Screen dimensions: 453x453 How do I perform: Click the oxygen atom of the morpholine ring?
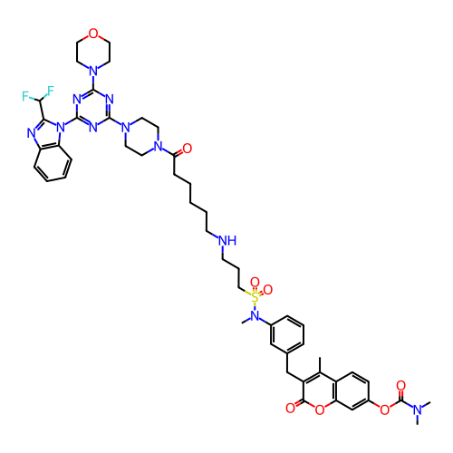click(93, 34)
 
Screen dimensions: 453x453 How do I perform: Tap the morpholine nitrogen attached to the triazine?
click(93, 72)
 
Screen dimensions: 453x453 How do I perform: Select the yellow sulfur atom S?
click(255, 297)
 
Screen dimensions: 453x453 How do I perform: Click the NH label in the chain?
click(227, 241)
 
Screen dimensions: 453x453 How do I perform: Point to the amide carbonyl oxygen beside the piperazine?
click(187, 149)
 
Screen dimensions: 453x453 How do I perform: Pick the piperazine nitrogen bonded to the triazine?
click(126, 127)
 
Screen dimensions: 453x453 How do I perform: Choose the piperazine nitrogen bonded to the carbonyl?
click(158, 147)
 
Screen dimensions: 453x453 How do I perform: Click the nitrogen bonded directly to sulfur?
click(255, 316)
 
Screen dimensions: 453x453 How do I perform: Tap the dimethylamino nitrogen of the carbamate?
click(418, 410)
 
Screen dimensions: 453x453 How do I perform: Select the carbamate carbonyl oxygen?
click(400, 385)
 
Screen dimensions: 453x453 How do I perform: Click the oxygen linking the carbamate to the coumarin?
click(384, 410)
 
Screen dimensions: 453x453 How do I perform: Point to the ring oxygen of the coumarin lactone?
click(320, 410)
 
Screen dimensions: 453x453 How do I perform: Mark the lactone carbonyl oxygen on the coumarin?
click(290, 408)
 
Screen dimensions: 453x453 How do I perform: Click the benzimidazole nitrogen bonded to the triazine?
click(61, 127)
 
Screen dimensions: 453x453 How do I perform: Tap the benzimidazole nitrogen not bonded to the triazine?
click(31, 133)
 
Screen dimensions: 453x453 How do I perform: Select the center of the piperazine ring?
click(142, 137)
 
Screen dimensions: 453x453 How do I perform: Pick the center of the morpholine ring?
click(93, 53)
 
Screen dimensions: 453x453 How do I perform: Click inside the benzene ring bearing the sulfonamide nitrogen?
click(287, 334)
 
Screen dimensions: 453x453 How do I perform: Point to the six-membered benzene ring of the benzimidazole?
click(53, 163)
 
